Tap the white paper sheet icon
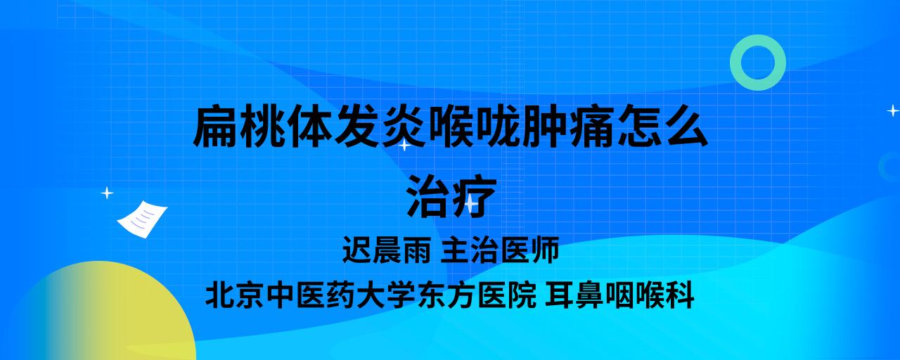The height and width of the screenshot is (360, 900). [x=142, y=219]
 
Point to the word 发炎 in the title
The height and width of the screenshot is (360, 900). [x=380, y=126]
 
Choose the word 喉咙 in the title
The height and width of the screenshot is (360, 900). [x=475, y=126]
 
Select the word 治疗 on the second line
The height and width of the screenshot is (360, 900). [x=451, y=196]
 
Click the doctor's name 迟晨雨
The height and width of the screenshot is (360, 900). [x=386, y=250]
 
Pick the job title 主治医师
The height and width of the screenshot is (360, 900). [x=500, y=250]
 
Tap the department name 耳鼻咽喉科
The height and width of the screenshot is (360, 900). [x=619, y=295]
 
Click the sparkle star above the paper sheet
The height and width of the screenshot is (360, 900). [x=107, y=193]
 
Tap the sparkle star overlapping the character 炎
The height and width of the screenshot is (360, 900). [x=404, y=145]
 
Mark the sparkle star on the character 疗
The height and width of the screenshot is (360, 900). [x=471, y=204]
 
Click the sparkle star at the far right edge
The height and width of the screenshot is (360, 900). [x=893, y=110]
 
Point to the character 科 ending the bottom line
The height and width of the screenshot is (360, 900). [x=680, y=295]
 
